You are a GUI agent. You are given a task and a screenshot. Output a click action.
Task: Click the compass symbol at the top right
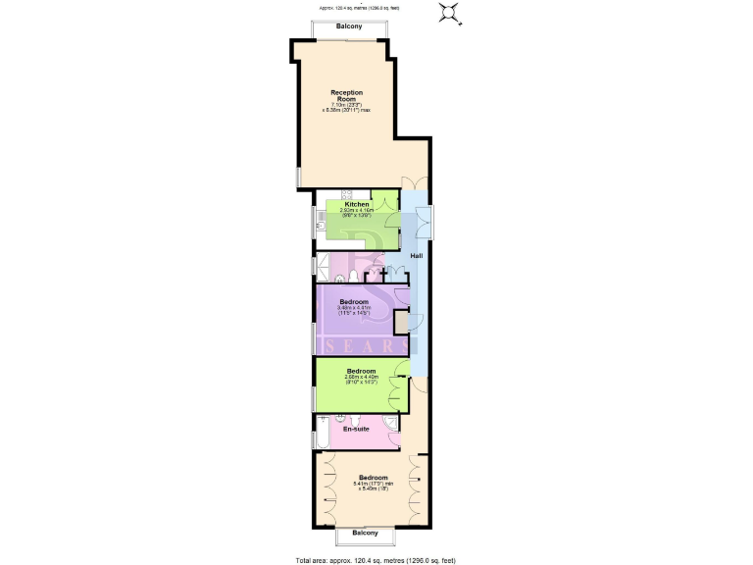450,13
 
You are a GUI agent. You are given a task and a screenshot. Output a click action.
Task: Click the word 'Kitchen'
356,204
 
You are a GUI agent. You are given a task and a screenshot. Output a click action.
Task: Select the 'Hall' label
417,256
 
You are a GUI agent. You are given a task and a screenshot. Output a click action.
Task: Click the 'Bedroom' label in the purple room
354,301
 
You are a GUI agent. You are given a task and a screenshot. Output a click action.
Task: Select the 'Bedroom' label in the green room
361,371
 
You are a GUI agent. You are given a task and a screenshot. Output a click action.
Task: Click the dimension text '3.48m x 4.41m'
354,308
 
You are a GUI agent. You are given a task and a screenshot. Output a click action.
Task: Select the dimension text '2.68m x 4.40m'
361,378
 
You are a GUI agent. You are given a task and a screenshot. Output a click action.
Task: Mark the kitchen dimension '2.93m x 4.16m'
356,211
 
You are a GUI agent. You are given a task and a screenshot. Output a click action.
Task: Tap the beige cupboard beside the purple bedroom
401,323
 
